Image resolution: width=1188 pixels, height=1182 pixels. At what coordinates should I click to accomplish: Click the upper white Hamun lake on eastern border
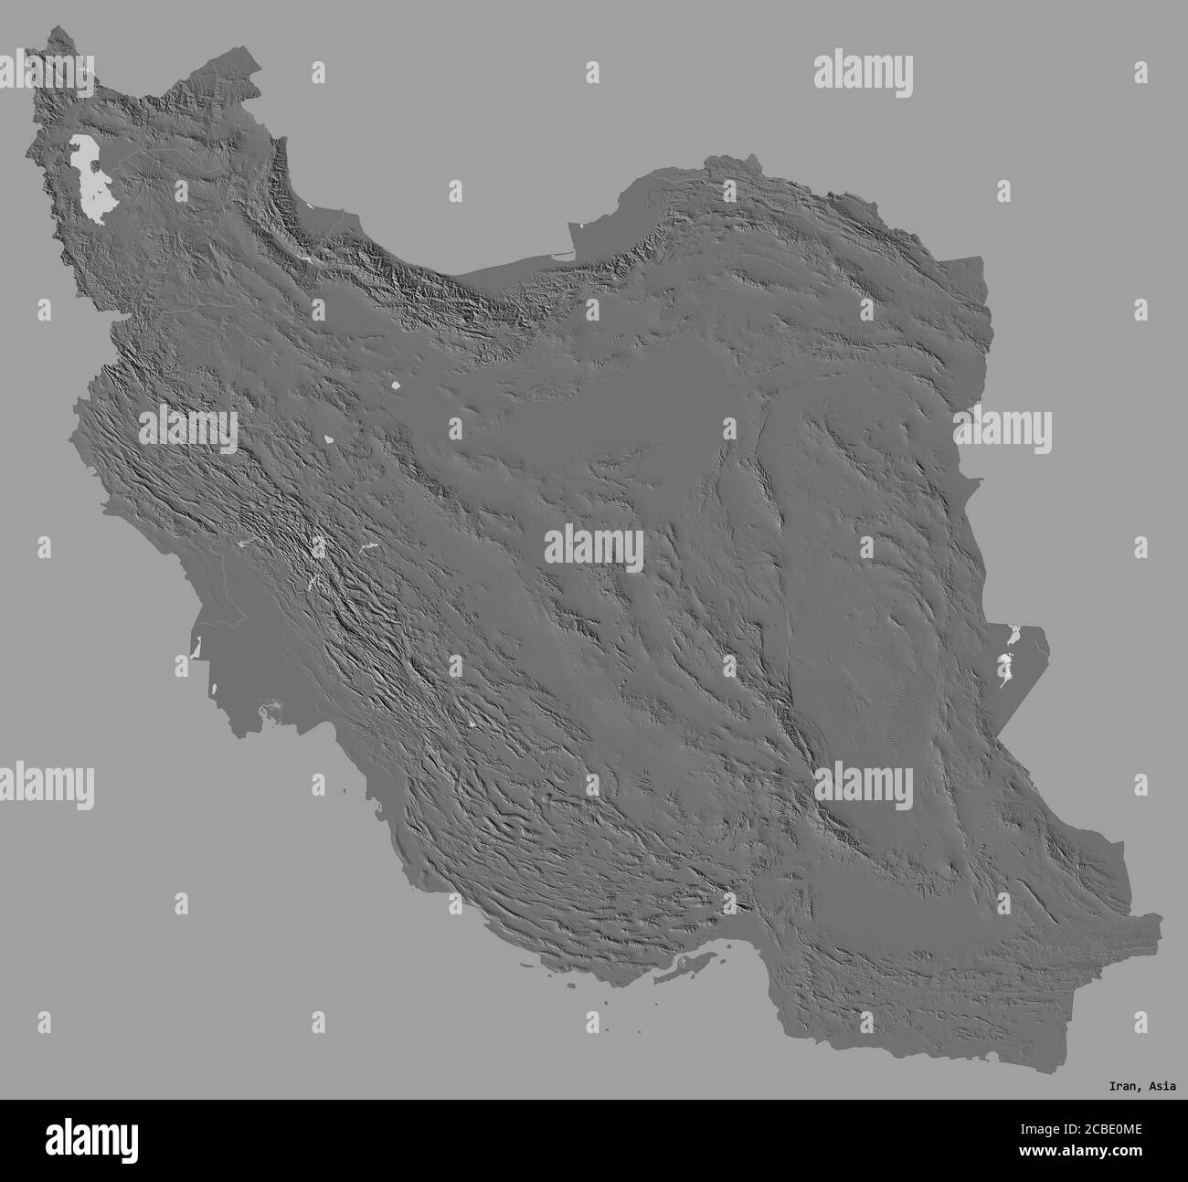(1012, 631)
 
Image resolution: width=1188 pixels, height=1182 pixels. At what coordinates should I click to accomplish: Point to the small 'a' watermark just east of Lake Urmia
(180, 191)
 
